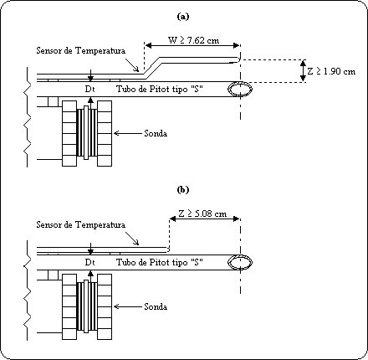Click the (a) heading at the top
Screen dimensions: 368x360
click(183, 17)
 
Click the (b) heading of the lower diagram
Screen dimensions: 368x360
click(183, 190)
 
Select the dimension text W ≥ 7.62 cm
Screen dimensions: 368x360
click(193, 40)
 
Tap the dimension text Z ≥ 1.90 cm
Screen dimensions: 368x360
click(331, 71)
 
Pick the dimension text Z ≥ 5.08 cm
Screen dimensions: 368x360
click(202, 213)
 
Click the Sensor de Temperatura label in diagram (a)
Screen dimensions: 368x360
click(81, 51)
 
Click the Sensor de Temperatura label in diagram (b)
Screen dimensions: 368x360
click(81, 224)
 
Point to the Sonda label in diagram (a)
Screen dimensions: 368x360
click(156, 133)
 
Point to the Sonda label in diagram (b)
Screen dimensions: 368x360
click(156, 306)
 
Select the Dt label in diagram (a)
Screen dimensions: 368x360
click(89, 89)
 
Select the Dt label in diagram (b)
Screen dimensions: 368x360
click(89, 263)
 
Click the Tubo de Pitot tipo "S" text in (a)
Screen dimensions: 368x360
click(160, 89)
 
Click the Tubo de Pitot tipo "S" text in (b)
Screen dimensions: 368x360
click(160, 262)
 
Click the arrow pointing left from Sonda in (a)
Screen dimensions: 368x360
click(128, 133)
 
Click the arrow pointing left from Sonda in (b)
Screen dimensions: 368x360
click(128, 306)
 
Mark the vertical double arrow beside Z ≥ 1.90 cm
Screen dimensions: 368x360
click(304, 71)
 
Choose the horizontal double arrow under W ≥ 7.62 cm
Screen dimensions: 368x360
click(192, 45)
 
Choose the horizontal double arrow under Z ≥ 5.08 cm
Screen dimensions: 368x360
click(205, 219)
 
